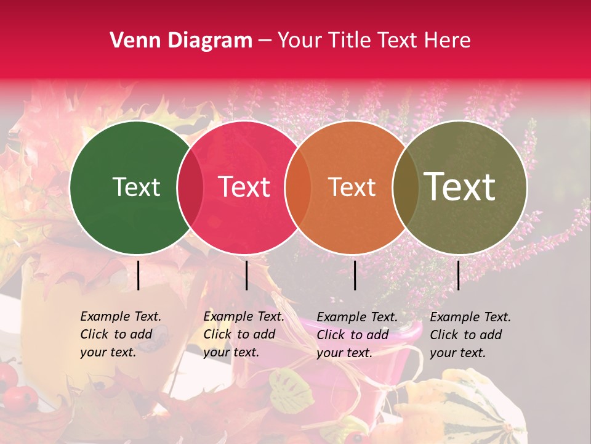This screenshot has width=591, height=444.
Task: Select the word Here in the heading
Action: pos(449,41)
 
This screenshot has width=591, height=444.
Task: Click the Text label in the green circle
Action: pos(136,187)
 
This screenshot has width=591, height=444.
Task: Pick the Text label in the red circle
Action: pos(244,187)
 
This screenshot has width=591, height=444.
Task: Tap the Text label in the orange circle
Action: pos(352,187)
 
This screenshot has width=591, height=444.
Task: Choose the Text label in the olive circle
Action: pos(460,187)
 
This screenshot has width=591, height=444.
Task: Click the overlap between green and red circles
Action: pos(190,187)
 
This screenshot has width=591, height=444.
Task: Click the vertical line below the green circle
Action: pos(138,275)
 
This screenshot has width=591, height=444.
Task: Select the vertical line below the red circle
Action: pos(246,275)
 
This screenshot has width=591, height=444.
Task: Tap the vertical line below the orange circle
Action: pos(355,275)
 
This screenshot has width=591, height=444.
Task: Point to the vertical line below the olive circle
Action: pos(458,275)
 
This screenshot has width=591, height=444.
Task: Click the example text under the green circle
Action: pos(120,334)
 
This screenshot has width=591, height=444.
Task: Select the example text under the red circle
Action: pos(243,334)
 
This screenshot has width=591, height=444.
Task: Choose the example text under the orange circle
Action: pos(356,334)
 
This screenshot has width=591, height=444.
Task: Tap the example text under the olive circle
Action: pos(470,334)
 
